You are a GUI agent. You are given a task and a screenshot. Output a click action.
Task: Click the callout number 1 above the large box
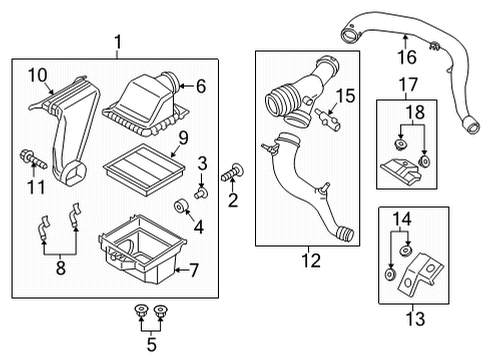[x=119, y=43]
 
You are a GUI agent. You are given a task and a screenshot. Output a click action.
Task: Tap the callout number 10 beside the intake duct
[x=36, y=75]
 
